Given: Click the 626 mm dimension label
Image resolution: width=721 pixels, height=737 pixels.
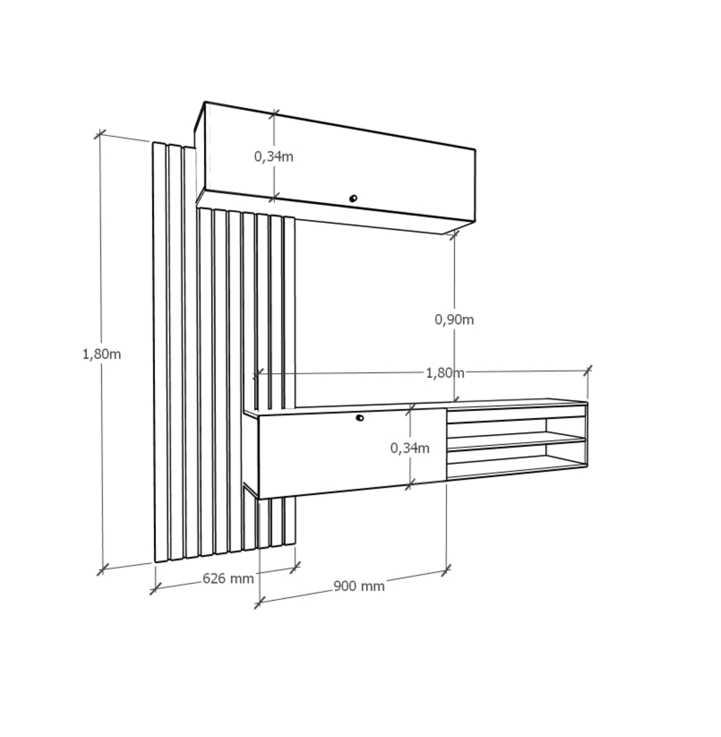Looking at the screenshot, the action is click(x=228, y=578).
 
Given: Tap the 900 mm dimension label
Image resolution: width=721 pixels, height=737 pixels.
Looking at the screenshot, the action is click(x=359, y=586).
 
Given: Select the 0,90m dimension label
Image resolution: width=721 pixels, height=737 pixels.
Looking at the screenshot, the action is click(x=454, y=320).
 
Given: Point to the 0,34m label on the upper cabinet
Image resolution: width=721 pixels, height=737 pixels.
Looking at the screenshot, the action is click(x=273, y=157).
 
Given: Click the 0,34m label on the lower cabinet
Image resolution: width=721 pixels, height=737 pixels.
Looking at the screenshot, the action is click(x=410, y=449).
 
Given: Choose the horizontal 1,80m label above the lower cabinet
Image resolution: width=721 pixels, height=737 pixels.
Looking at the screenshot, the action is click(x=445, y=373).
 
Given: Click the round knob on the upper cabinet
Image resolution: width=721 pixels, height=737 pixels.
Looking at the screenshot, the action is click(x=353, y=198).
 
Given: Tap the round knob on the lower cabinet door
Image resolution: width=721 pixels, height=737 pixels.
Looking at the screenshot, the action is click(x=360, y=418).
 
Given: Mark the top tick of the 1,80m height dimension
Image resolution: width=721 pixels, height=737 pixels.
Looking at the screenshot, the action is click(x=100, y=134).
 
